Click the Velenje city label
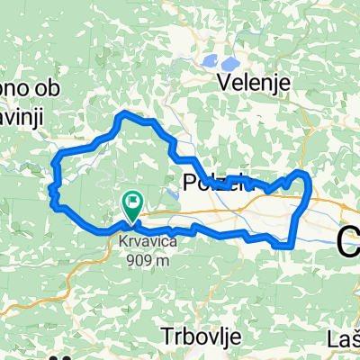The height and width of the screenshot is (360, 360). click(x=256, y=82)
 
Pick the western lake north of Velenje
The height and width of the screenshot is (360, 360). click(x=209, y=62)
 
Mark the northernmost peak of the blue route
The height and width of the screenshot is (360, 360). click(x=125, y=114)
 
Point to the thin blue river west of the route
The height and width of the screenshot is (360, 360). click(x=27, y=162)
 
